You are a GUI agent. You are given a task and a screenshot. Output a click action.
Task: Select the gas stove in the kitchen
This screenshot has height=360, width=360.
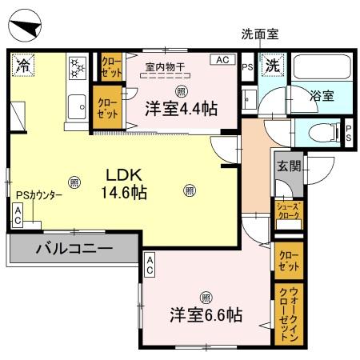coord(78,69)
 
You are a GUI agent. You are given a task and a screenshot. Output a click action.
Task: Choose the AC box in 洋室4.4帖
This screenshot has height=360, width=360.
coord(221,60)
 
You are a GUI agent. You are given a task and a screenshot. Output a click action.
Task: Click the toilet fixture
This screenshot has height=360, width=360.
coord(324,133)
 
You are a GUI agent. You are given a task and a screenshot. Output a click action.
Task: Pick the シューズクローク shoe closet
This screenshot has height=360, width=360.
coord(287,210)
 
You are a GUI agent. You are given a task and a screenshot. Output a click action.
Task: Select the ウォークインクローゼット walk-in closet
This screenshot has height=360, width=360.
coord(287,314)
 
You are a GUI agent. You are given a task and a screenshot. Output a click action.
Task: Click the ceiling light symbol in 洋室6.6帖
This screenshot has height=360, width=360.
coord(206,293)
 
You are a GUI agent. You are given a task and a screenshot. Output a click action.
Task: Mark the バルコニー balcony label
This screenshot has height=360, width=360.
coord(73,249)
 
